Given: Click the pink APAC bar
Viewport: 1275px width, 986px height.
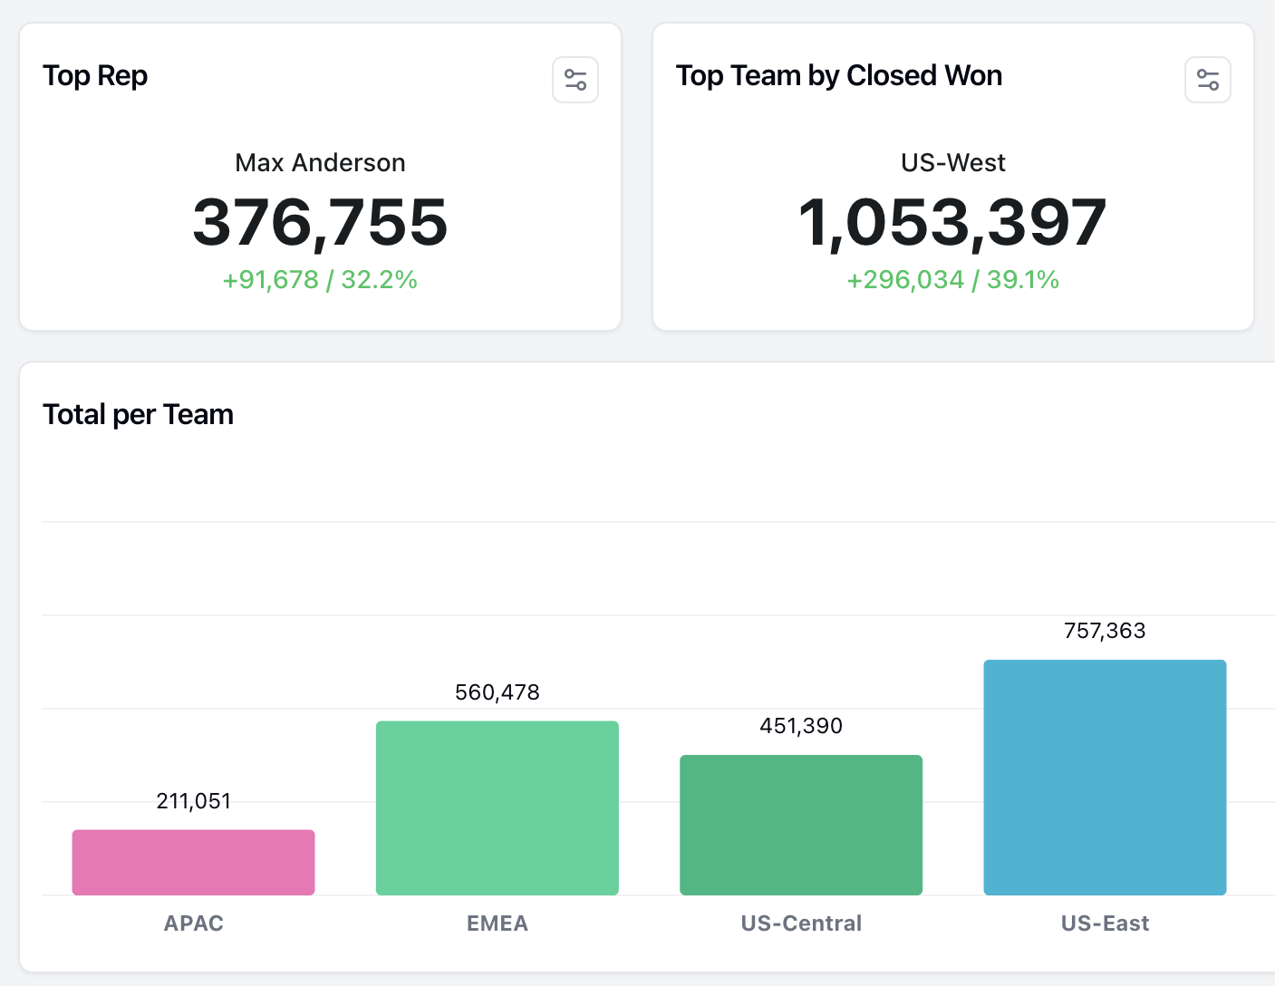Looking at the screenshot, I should [193, 862].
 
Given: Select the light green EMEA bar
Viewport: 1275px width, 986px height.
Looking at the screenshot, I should [497, 807].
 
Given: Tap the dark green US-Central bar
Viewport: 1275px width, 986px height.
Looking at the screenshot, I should [801, 825].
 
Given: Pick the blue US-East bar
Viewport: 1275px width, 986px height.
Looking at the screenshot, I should [1105, 777].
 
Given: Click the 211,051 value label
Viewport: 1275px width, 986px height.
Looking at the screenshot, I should [193, 801].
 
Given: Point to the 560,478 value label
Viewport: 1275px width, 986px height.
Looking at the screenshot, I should [497, 692].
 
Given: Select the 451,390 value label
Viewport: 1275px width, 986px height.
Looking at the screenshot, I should [801, 726].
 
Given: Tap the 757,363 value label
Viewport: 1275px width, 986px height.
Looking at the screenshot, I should [1105, 631].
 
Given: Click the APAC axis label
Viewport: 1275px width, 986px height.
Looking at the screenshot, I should [193, 923].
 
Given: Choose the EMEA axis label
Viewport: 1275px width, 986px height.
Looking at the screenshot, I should [497, 923].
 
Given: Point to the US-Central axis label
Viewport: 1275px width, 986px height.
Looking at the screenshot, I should [801, 923].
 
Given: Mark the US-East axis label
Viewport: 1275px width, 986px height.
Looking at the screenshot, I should [1105, 923].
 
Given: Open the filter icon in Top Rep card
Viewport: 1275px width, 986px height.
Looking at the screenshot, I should [575, 80].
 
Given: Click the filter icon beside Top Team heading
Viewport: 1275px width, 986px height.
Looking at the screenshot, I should [1207, 80].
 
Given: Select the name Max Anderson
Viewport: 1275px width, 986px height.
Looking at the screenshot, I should [320, 163].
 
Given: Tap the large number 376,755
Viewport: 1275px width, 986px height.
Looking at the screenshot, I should [320, 222].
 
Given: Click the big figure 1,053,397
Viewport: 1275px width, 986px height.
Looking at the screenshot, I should [952, 222].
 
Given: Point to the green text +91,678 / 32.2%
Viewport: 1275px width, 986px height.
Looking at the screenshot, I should [320, 280].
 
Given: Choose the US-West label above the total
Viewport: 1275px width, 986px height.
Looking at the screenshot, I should [952, 163].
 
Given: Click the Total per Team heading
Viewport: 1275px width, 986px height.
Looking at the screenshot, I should [138, 415].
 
